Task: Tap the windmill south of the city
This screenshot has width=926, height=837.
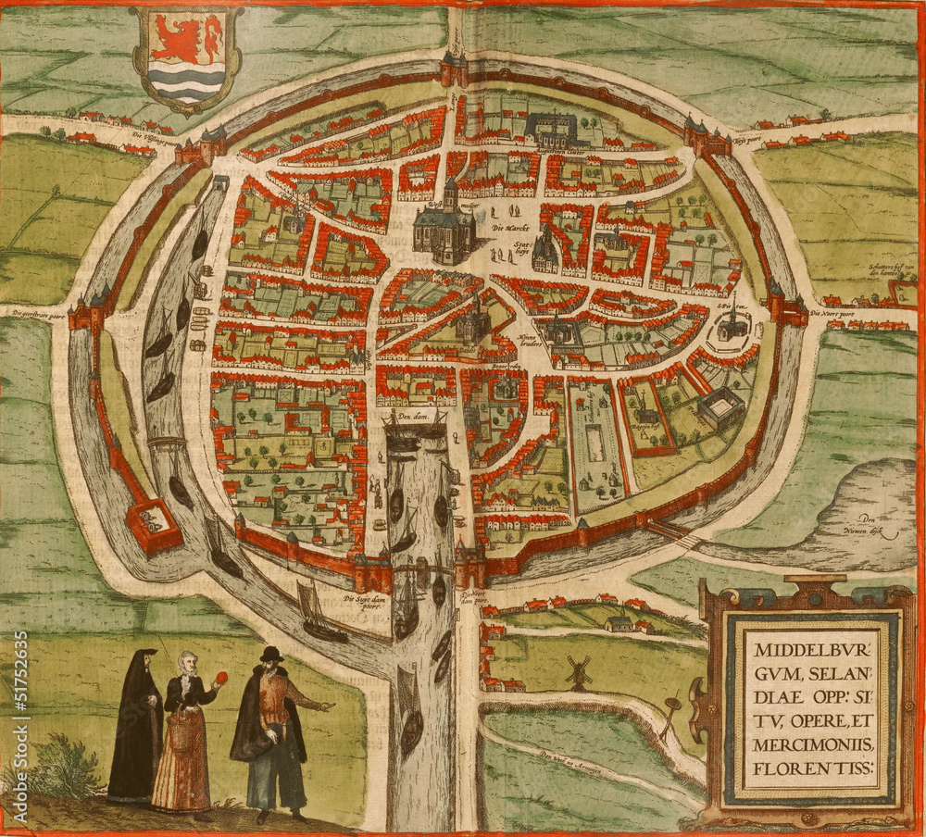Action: [579, 671]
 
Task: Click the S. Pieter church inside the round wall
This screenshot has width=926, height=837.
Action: [732, 323]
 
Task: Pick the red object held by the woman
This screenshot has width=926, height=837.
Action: [220, 679]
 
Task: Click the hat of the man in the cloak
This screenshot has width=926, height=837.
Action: [270, 654]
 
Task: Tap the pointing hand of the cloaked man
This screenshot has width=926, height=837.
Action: [326, 706]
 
